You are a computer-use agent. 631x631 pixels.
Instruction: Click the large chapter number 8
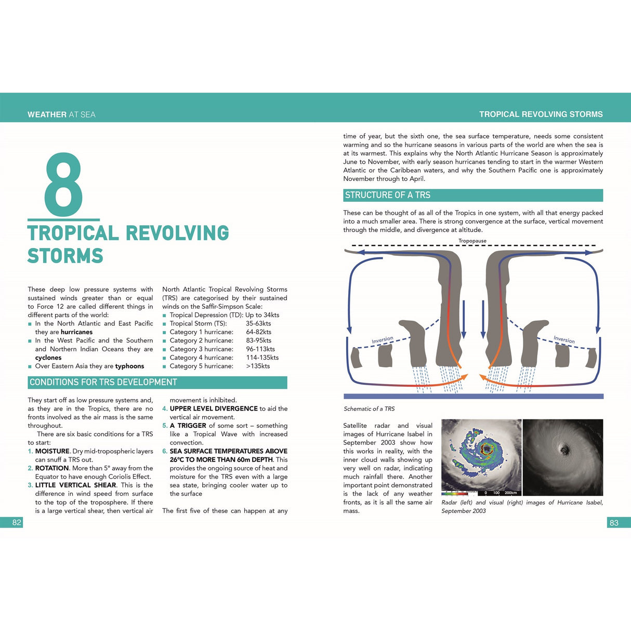click(63, 185)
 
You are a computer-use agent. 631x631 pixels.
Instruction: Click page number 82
click(17, 522)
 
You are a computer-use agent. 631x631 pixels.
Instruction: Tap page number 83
click(614, 523)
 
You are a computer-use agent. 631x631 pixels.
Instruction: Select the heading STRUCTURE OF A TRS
click(388, 195)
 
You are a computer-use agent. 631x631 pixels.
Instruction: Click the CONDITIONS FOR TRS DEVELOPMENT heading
click(103, 383)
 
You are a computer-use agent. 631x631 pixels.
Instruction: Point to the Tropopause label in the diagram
click(472, 241)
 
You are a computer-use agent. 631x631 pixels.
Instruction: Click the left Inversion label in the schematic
click(383, 340)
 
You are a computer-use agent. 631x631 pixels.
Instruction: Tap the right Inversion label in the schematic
click(564, 339)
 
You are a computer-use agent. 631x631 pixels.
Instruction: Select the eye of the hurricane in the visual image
click(563, 448)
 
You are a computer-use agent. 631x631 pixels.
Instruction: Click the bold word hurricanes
click(76, 332)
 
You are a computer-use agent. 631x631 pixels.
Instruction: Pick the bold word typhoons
click(129, 366)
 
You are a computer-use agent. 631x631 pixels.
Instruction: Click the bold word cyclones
click(48, 358)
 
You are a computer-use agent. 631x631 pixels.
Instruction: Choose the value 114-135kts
click(262, 358)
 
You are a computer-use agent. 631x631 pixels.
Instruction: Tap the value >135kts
click(258, 366)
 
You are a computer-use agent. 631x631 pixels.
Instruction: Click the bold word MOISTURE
click(52, 451)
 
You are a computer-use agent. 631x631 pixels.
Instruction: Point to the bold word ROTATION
click(52, 468)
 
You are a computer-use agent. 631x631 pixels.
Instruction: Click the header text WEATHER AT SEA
click(61, 114)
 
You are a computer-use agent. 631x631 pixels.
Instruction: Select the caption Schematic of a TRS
click(369, 409)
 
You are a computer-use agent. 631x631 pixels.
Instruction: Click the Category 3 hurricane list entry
click(201, 349)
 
